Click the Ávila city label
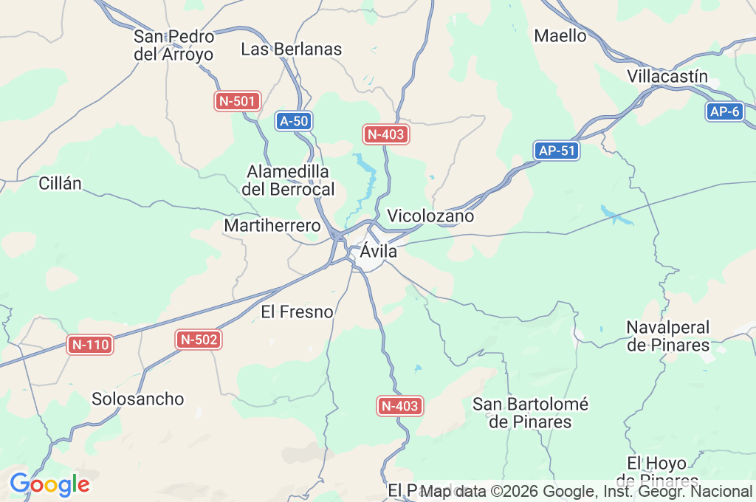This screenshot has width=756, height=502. pyautogui.click(x=379, y=252)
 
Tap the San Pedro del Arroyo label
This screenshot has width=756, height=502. pyautogui.click(x=173, y=45)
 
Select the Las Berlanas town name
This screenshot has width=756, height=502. pyautogui.click(x=292, y=49)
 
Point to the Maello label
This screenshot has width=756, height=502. pyautogui.click(x=560, y=35)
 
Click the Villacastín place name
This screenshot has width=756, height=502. pyautogui.click(x=667, y=76)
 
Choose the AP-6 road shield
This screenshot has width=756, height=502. pyautogui.click(x=724, y=111)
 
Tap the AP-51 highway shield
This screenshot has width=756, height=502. pyautogui.click(x=557, y=151)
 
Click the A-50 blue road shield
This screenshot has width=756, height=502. pyautogui.click(x=294, y=121)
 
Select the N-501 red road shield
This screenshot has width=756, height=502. pyautogui.click(x=238, y=101)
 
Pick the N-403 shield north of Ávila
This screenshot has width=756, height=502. pyautogui.click(x=385, y=134)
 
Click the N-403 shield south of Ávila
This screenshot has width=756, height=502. pyautogui.click(x=399, y=405)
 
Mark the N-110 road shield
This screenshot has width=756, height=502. pyautogui.click(x=90, y=344)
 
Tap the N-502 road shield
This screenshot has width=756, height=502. pyautogui.click(x=199, y=340)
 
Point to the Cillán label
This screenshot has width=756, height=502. pyautogui.click(x=61, y=184)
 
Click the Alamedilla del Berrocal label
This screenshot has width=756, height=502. pyautogui.click(x=288, y=180)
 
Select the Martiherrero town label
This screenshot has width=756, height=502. pyautogui.click(x=272, y=225)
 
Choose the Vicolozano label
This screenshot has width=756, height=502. pyautogui.click(x=430, y=216)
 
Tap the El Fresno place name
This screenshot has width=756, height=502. pyautogui.click(x=298, y=312)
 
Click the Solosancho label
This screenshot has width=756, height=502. pyautogui.click(x=138, y=399)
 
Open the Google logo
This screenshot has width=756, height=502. pyautogui.click(x=49, y=484)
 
